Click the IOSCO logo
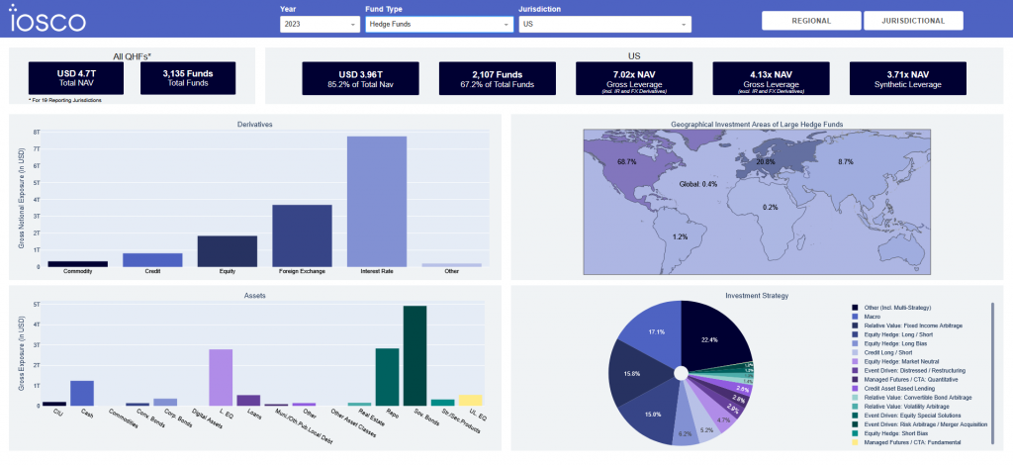click(x=47, y=21)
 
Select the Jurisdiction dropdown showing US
click(x=603, y=24)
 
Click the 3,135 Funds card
click(x=188, y=78)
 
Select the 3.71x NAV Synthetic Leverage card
click(x=907, y=79)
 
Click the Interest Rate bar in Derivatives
click(x=377, y=201)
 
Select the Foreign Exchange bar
click(x=302, y=235)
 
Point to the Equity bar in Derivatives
click(x=228, y=251)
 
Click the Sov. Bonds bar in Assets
click(x=414, y=356)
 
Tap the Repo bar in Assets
click(x=387, y=377)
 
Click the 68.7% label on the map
click(x=626, y=161)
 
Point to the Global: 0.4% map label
click(x=697, y=184)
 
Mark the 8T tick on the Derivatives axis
click(x=37, y=132)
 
